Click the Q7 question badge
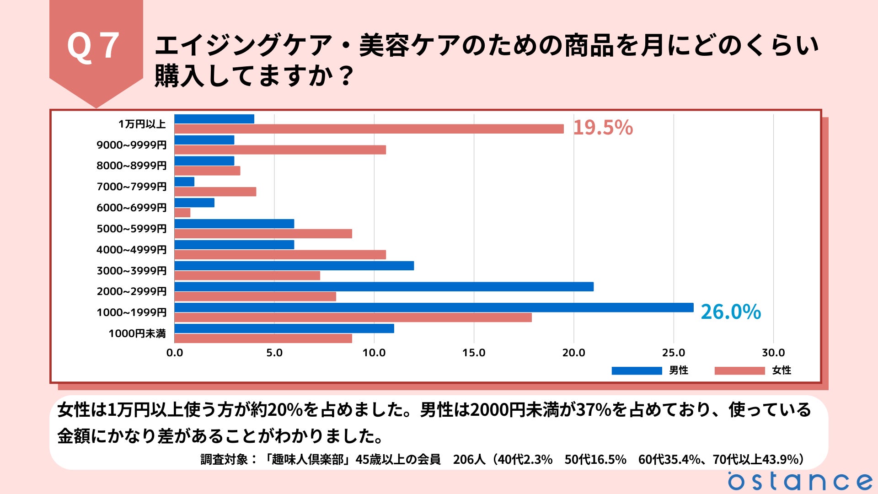point(96,46)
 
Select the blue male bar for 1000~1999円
point(434,307)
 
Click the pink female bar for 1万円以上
point(369,129)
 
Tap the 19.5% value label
point(603,128)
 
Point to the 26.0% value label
point(730,312)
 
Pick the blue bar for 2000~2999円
point(384,287)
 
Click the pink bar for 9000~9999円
point(280,150)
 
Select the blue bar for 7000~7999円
point(184,182)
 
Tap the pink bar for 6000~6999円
point(182,213)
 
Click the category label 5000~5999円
point(131,229)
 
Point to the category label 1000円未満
point(137,333)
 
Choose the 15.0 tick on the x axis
point(474,353)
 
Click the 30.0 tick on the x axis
point(773,353)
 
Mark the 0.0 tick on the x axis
point(175,353)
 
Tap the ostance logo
point(800,481)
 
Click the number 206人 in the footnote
point(469,459)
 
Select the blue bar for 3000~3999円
point(294,266)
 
